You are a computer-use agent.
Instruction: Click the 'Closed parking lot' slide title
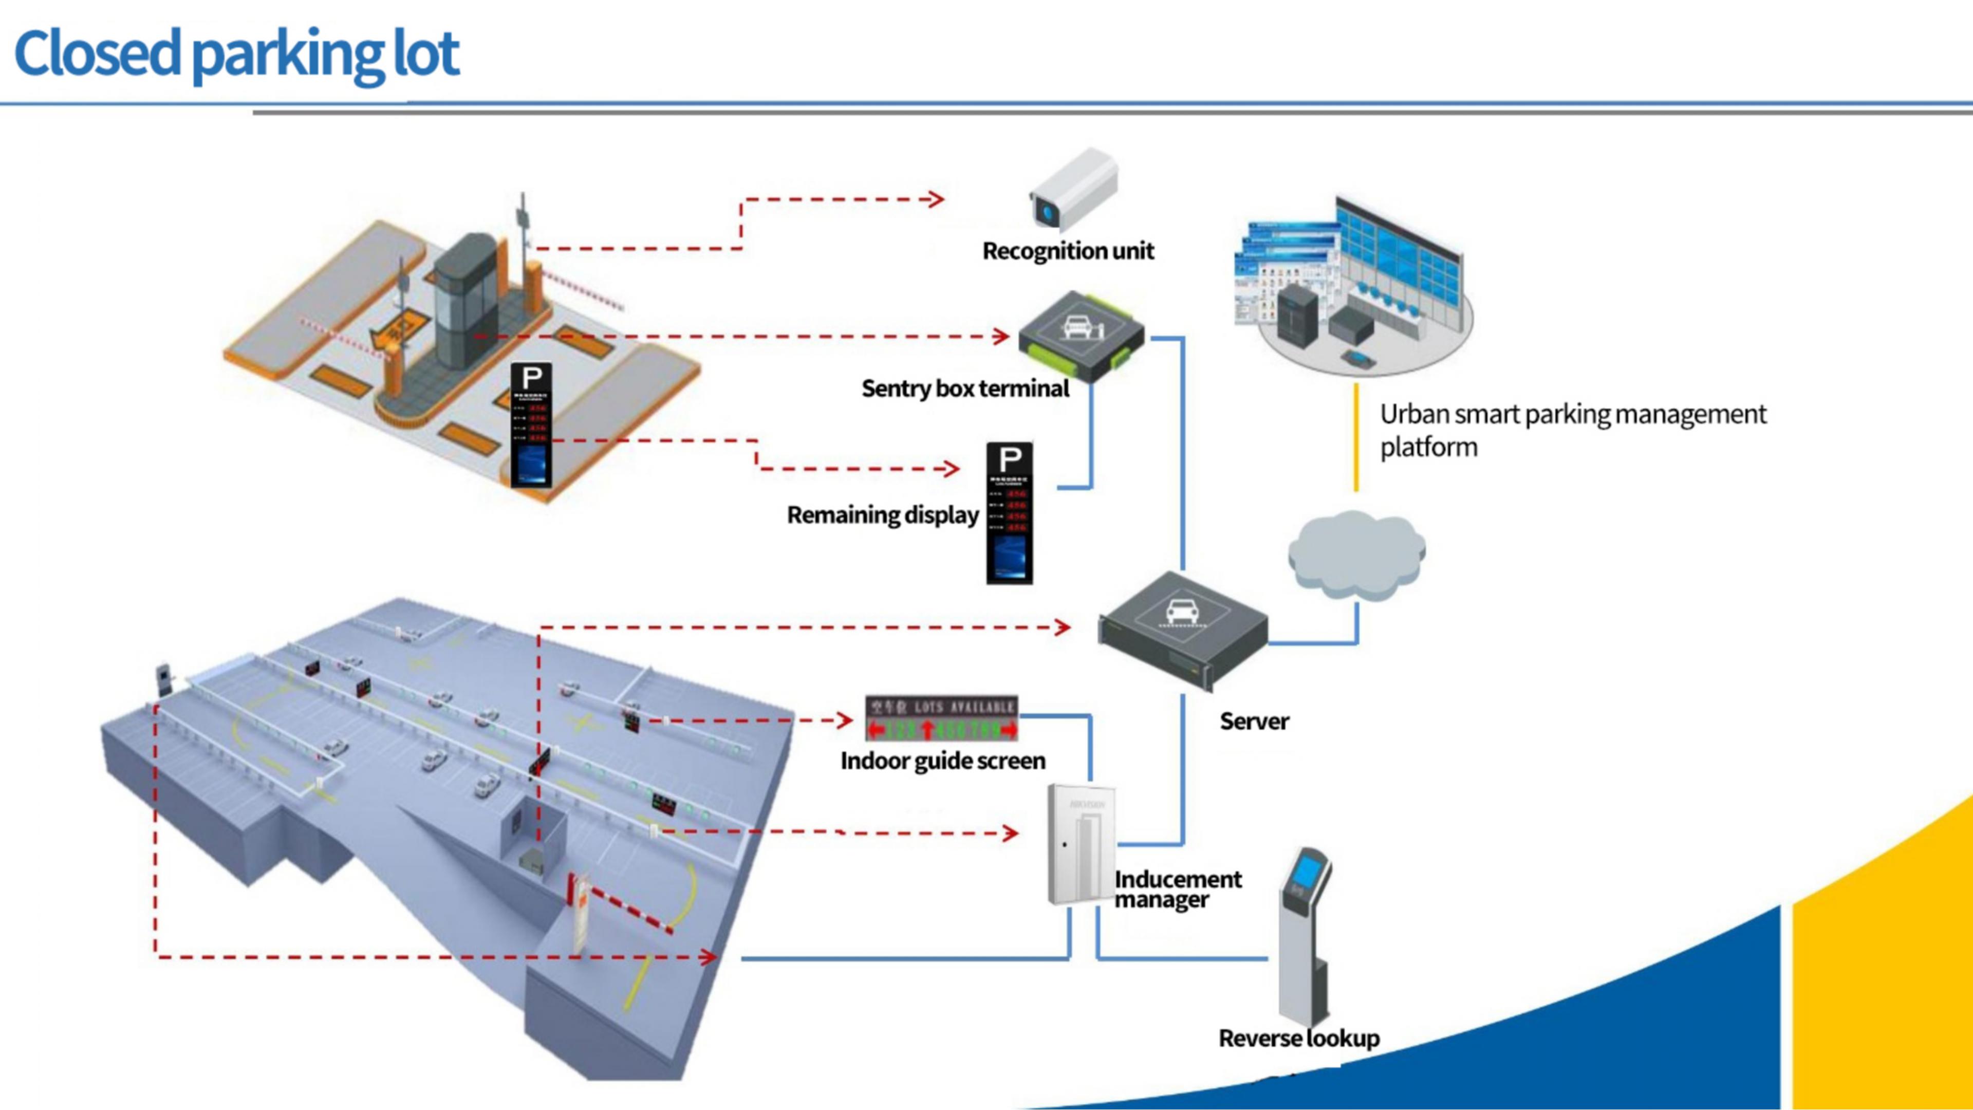(237, 53)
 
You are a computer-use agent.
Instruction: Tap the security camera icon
(1073, 190)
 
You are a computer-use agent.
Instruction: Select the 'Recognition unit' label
(1068, 251)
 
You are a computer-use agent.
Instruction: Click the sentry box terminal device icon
(1081, 335)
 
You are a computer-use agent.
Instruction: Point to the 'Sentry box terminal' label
(965, 388)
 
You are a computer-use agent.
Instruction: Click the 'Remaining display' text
(882, 515)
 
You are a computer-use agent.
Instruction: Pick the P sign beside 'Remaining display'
(1010, 512)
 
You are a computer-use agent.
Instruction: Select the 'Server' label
(1254, 721)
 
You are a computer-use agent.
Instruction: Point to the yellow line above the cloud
(1356, 437)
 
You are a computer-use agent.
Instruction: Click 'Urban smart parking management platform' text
(1572, 430)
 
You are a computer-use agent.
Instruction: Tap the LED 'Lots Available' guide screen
(941, 718)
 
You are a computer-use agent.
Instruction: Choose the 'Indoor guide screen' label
(943, 761)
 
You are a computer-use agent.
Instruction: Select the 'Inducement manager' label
(1177, 889)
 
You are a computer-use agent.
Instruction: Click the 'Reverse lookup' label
(1299, 1039)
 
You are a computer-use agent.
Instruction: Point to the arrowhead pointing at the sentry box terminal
(1001, 336)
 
